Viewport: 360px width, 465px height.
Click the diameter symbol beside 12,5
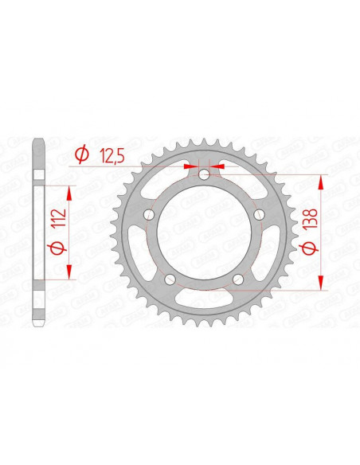80,157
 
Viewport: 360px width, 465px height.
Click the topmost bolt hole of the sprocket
204,175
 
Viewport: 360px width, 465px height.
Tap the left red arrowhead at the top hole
190,168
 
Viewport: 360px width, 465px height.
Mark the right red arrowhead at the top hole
218,168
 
